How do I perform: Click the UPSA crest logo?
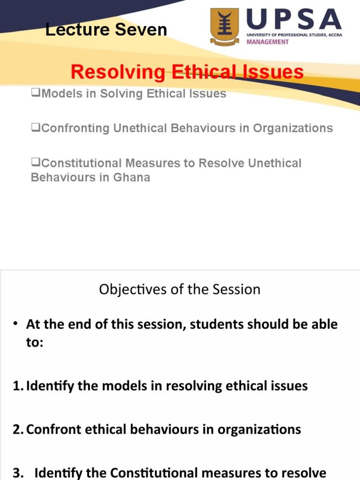(225, 27)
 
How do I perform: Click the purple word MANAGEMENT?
(268, 42)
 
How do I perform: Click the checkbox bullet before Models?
(36, 93)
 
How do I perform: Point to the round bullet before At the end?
(15, 324)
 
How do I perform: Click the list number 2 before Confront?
(17, 430)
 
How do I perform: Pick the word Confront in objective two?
(50, 430)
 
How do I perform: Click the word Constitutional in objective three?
(118, 473)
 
